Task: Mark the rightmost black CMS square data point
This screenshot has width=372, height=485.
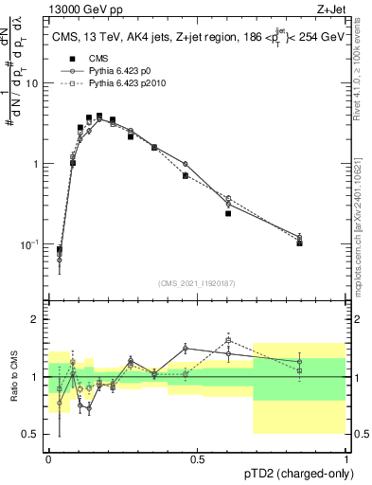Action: [x=299, y=242]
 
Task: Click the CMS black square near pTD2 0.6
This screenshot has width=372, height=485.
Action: [x=228, y=213]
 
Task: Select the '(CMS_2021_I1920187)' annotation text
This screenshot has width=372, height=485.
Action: [x=197, y=282]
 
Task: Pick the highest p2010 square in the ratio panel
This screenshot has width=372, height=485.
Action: [x=228, y=340]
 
